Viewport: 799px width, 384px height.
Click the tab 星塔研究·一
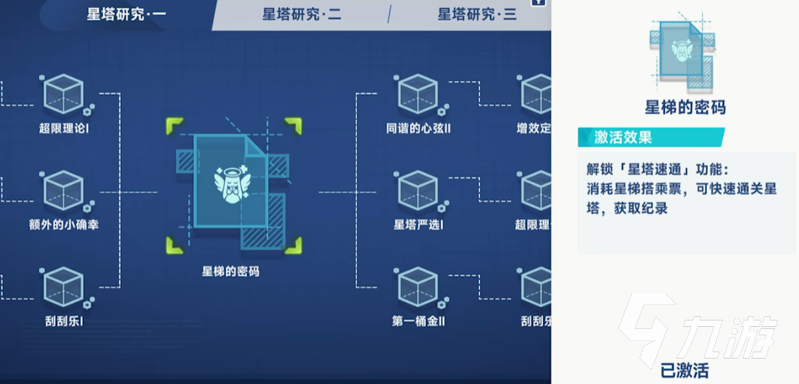point(126,14)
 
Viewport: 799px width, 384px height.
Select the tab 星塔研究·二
point(302,14)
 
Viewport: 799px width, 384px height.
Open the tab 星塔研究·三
point(477,14)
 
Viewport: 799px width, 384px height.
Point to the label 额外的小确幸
point(68,225)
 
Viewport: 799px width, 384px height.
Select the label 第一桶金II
point(419,321)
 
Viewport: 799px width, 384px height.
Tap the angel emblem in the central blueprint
point(231,183)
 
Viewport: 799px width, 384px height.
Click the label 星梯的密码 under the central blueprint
point(231,271)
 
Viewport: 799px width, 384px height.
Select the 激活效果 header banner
point(649,138)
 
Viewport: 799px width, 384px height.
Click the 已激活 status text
point(685,369)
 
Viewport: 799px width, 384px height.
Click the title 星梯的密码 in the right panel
point(685,107)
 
